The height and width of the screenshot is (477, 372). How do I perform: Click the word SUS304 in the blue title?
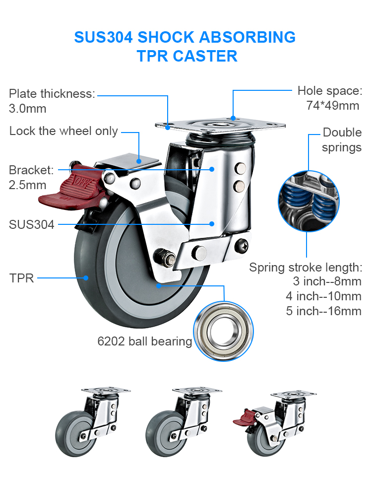tap(103, 37)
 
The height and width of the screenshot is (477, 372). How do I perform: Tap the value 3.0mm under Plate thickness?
tap(28, 108)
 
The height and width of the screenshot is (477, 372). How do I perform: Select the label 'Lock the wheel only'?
tap(63, 132)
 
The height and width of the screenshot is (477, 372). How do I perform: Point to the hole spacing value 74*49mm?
tap(332, 105)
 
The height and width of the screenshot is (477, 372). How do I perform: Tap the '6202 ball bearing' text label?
tap(144, 341)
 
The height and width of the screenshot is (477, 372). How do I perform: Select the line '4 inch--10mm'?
tap(323, 296)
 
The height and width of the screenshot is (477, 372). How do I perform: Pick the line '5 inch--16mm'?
tap(323, 311)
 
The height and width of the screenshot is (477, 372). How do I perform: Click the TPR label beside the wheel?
tap(21, 278)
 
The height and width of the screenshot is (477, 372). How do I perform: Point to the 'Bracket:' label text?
tap(31, 170)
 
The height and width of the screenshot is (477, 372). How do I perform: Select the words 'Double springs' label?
tap(342, 140)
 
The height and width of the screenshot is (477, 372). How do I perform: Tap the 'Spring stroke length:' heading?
tap(306, 268)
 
